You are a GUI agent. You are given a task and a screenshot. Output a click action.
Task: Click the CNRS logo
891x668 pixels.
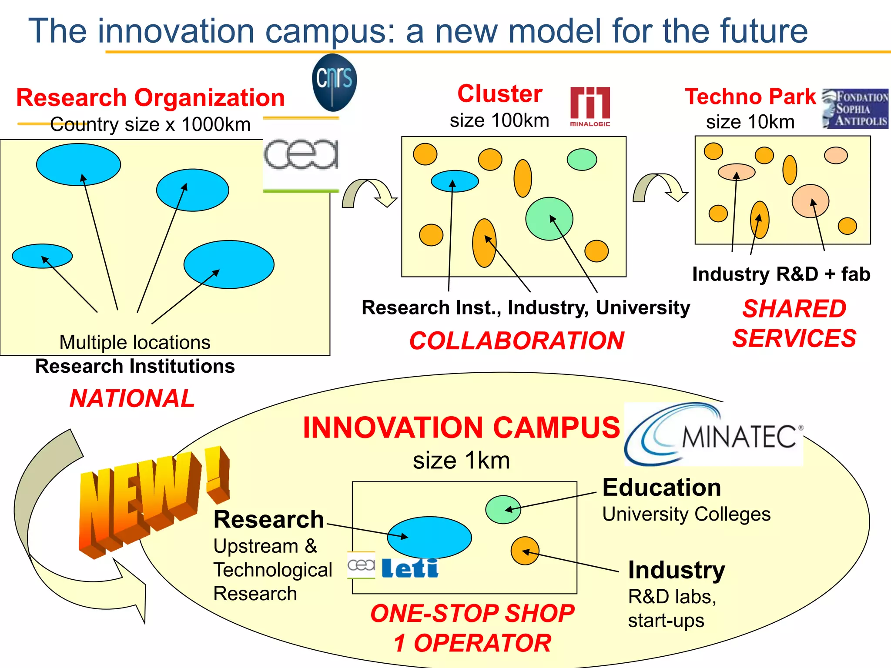click(334, 82)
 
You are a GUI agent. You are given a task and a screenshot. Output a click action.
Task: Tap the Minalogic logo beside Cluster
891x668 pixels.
click(590, 107)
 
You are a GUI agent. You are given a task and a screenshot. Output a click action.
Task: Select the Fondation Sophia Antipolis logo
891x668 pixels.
click(855, 109)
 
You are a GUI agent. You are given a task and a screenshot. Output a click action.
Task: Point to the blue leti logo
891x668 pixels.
click(410, 568)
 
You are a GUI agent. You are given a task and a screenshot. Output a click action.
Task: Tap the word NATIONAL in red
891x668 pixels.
click(132, 398)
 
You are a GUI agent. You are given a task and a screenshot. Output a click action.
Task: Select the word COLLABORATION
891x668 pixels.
click(517, 341)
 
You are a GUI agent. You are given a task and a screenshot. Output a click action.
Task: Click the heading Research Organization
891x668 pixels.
click(151, 97)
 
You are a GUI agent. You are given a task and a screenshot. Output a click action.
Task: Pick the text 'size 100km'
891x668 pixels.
click(499, 120)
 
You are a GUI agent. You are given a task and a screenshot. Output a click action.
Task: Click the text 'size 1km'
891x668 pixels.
click(461, 460)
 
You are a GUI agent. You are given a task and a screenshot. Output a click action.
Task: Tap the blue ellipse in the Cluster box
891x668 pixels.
click(455, 181)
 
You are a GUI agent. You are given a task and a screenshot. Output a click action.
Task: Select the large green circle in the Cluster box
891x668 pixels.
click(549, 219)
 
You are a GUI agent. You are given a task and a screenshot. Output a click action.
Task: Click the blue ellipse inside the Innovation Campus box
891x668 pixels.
click(429, 537)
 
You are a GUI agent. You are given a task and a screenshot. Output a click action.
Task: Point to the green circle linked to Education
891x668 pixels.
click(503, 509)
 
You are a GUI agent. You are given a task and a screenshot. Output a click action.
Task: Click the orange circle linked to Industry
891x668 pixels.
click(525, 551)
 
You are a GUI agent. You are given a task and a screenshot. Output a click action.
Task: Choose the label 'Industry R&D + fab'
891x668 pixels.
click(781, 274)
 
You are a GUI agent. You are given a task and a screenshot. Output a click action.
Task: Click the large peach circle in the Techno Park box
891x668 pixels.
click(810, 201)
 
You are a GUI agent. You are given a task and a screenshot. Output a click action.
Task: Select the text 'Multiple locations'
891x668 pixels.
click(135, 342)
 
